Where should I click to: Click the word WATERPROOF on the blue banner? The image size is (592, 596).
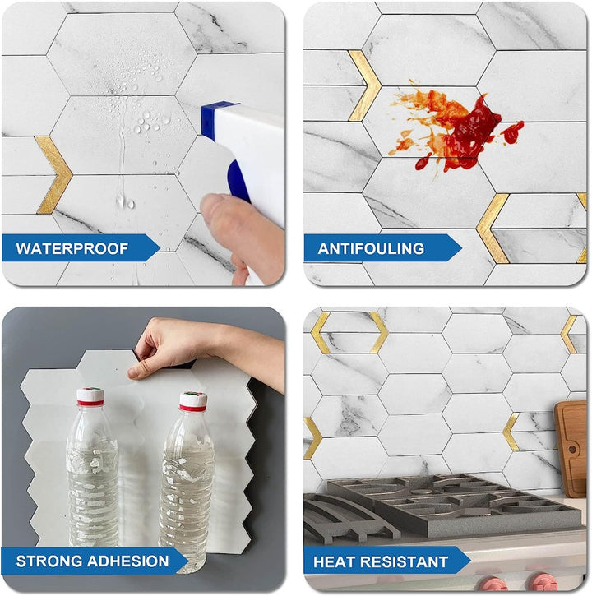(x=72, y=248)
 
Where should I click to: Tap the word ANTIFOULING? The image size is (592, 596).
(x=371, y=248)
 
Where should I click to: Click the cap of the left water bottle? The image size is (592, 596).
(x=90, y=397)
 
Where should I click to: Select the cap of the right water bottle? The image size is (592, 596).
(x=193, y=401)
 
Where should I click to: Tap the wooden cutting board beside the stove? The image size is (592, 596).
(x=570, y=449)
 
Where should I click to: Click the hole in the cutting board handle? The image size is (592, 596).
(x=572, y=449)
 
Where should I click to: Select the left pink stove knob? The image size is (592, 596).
(x=493, y=584)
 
